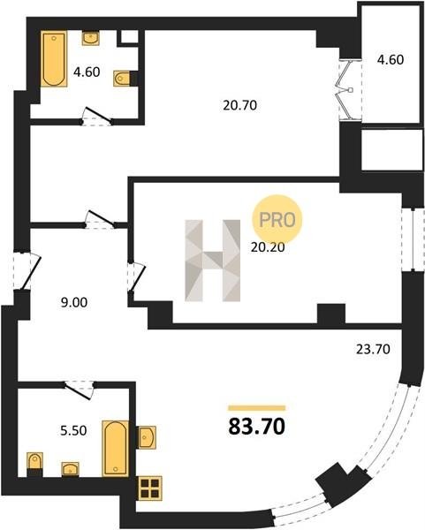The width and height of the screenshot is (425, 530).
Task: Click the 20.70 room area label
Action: pyautogui.click(x=239, y=105)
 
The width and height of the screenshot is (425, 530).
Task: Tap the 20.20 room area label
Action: pyautogui.click(x=268, y=247)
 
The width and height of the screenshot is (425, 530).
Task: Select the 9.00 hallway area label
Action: pyautogui.click(x=74, y=302)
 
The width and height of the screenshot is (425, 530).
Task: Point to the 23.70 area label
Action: pyautogui.click(x=373, y=349)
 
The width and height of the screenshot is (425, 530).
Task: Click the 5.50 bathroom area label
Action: pyautogui.click(x=73, y=431)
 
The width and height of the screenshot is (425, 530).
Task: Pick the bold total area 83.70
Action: pyautogui.click(x=257, y=427)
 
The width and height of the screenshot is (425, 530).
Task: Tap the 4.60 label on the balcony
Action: pyautogui.click(x=391, y=59)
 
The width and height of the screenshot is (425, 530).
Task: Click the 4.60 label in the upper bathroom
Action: pyautogui.click(x=87, y=72)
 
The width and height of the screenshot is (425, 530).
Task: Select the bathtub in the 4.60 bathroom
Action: pyautogui.click(x=54, y=59)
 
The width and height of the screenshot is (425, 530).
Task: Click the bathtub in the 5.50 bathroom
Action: pyautogui.click(x=115, y=449)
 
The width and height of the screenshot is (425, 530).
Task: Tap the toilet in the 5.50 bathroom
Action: pyautogui.click(x=34, y=464)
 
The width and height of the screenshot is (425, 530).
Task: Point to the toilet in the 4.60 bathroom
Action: pyautogui.click(x=125, y=79)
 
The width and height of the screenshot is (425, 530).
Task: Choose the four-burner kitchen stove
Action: pyautogui.click(x=150, y=488)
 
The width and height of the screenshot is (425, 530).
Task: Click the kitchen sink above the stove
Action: pyautogui.click(x=147, y=437)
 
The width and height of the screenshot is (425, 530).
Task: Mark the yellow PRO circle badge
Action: pyautogui.click(x=277, y=220)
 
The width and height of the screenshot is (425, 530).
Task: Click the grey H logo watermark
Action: pyautogui.click(x=213, y=261)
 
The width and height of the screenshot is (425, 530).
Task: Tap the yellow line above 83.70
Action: pyautogui.click(x=257, y=408)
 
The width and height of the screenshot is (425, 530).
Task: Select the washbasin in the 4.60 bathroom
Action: pyautogui.click(x=91, y=38)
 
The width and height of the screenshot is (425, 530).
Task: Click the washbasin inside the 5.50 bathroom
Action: pyautogui.click(x=70, y=469)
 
